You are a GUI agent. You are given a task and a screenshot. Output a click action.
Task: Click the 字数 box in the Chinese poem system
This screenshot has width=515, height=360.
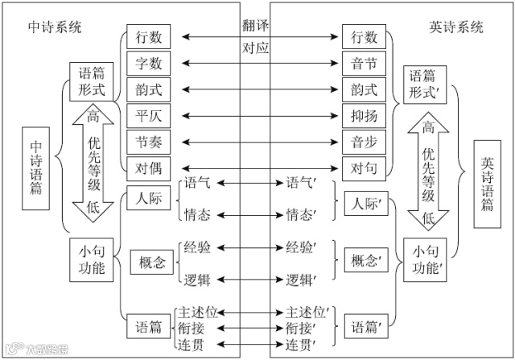[x=150, y=63]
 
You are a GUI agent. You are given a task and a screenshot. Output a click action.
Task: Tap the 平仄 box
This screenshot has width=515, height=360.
[x=150, y=115]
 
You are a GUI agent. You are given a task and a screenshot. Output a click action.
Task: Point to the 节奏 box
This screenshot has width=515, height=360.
[x=150, y=142]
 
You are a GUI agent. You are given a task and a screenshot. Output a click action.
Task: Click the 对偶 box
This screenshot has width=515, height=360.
[x=150, y=168]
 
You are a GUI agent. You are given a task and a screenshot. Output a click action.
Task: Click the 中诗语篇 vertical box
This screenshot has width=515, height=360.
[x=36, y=168]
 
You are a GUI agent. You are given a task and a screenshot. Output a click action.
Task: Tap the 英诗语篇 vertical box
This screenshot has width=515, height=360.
[x=488, y=184]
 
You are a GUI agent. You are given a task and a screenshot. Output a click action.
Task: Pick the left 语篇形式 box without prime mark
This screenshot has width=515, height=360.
[x=87, y=81]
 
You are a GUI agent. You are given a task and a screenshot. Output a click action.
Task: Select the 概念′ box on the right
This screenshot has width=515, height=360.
[x=365, y=262]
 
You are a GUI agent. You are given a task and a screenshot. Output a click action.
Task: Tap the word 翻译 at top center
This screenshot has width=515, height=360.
[x=256, y=24]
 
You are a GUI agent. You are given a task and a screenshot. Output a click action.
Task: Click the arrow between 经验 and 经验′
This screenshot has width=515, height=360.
[x=247, y=247]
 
